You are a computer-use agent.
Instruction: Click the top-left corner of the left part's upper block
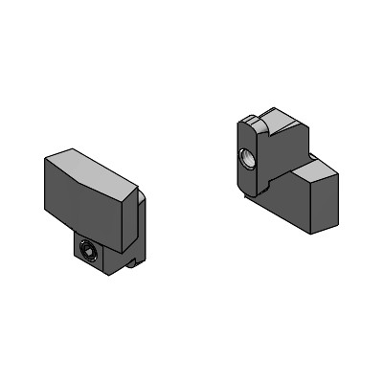point(45,160)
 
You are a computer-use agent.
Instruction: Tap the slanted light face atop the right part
point(283,124)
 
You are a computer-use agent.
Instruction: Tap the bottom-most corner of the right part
point(317,235)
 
